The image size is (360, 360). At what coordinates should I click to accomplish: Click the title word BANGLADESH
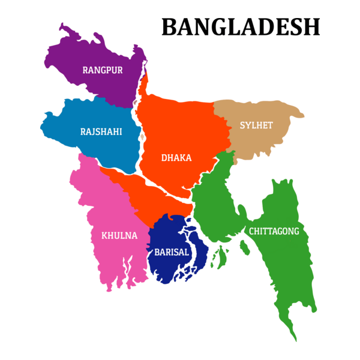241,28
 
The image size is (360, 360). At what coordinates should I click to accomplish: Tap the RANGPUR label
103,70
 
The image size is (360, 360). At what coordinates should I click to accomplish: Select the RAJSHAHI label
101,131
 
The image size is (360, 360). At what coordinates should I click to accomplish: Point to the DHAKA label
176,158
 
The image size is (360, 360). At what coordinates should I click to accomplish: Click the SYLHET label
256,125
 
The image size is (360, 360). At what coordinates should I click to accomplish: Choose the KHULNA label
119,235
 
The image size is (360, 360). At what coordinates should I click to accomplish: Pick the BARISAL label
172,253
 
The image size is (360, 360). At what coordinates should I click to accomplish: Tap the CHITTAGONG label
274,231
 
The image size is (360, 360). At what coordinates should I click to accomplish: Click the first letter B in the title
170,28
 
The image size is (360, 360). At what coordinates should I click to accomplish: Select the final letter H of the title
311,28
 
